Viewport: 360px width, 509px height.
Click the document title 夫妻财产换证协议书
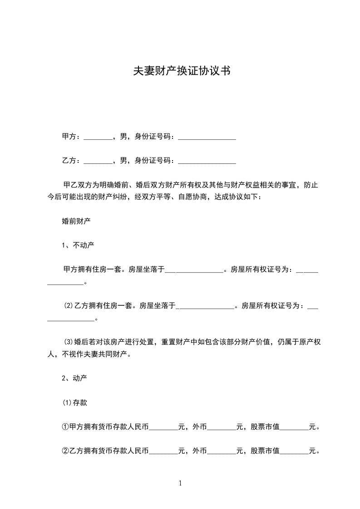coord(180,71)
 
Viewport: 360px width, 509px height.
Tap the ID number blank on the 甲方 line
coord(207,137)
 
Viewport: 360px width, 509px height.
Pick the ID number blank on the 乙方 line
coord(207,161)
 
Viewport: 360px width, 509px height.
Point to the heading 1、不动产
coord(78,245)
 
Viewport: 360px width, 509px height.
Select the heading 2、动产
coord(74,378)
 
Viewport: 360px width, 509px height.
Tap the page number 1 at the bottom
coord(180,483)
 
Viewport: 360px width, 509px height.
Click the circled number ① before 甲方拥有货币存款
coord(65,427)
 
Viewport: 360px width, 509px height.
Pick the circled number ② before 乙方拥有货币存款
coord(65,451)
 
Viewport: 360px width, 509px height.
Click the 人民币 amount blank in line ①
coord(163,428)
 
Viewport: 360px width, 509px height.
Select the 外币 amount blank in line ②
coord(222,452)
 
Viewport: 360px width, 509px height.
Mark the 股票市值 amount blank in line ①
coord(294,428)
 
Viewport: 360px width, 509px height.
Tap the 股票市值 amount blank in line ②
coord(294,452)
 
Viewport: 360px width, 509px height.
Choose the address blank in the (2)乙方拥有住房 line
coord(205,307)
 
